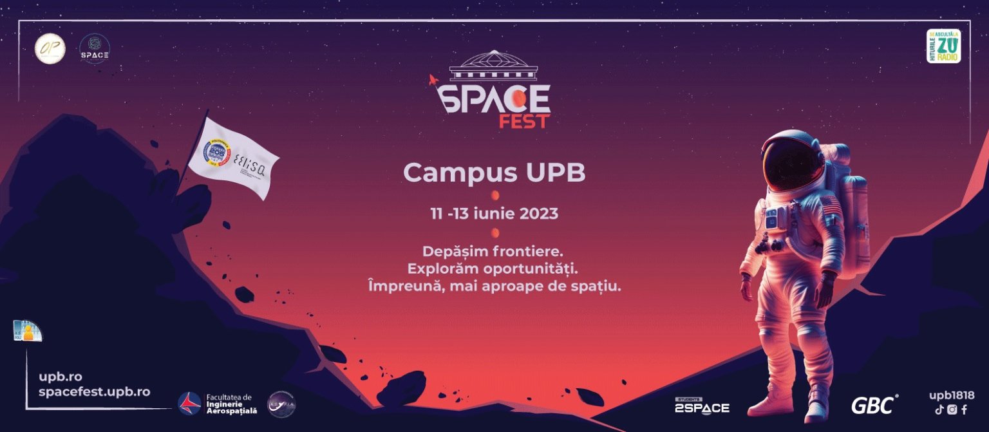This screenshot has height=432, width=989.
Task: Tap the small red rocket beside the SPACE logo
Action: click(434, 80)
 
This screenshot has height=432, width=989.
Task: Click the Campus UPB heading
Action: click(494, 173)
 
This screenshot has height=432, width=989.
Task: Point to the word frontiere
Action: click(527, 251)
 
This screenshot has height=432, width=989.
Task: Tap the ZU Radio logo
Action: click(943, 46)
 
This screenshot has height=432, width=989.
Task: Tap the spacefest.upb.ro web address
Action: click(94, 391)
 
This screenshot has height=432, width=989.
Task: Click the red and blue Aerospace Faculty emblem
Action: click(189, 404)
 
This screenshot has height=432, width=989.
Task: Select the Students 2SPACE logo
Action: click(702, 406)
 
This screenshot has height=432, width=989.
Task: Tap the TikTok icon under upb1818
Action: click(939, 409)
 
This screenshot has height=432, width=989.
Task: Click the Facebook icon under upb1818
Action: click(964, 409)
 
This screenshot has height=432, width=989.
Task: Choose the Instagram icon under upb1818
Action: click(952, 409)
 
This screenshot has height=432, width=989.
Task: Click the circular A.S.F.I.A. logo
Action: click(281, 404)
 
